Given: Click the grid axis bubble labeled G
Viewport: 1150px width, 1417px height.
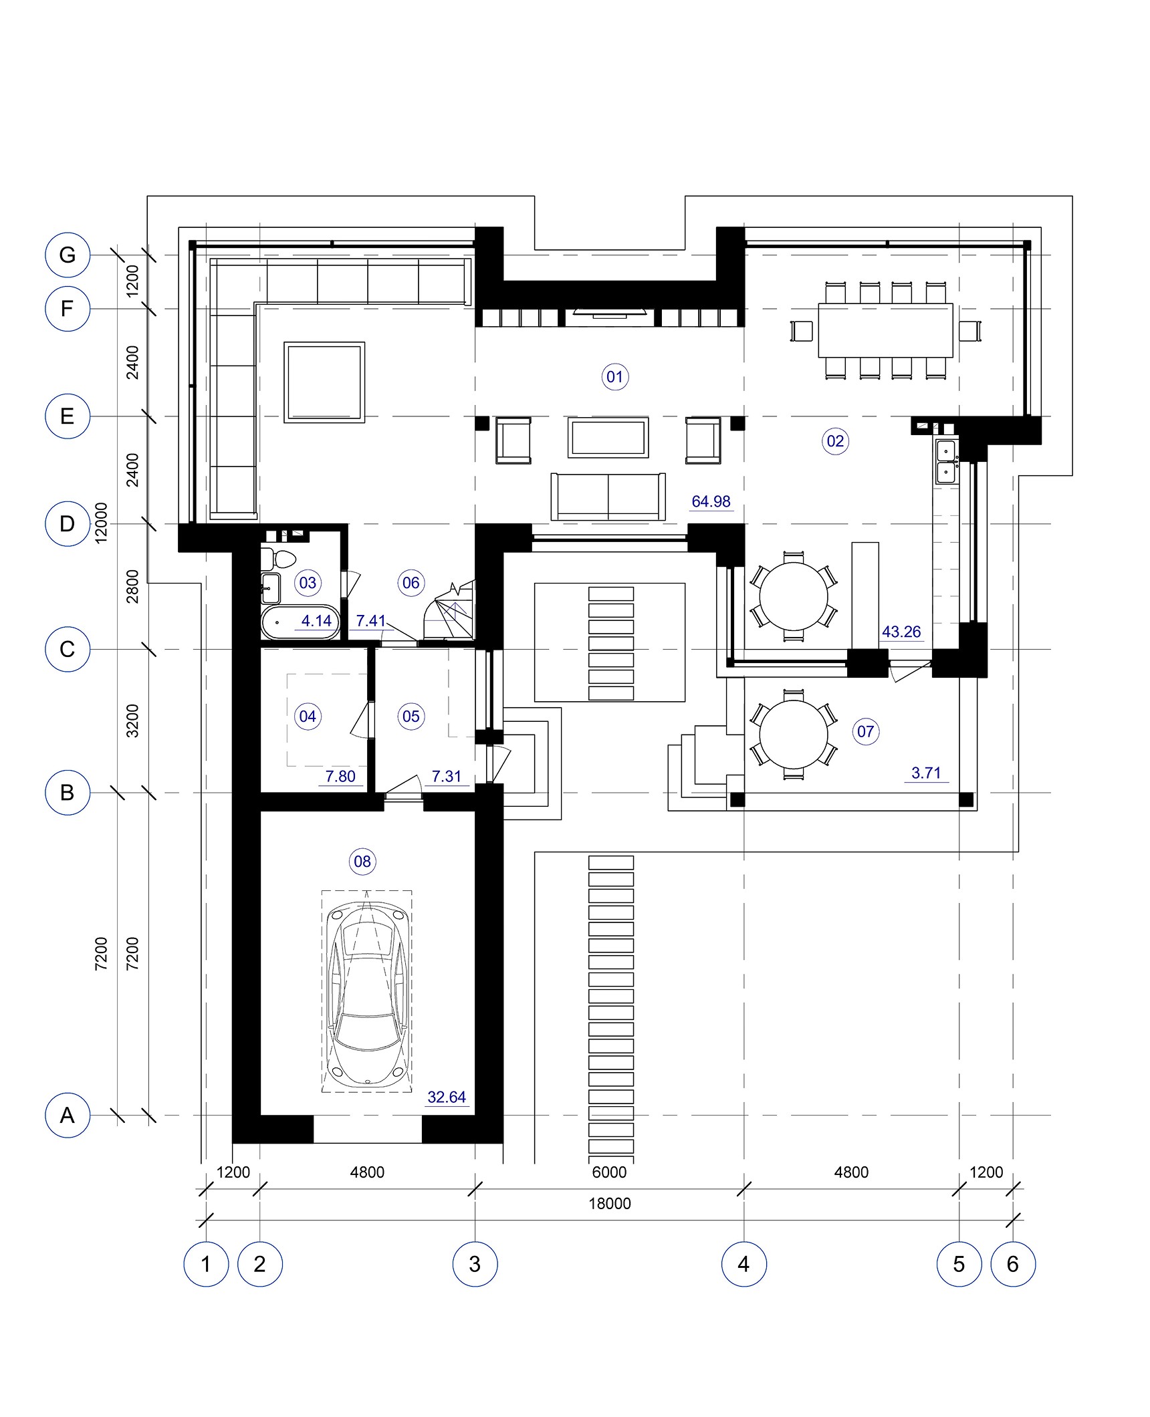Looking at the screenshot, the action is pos(68,255).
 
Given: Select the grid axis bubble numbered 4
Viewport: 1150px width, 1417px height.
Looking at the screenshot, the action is pos(743,1263).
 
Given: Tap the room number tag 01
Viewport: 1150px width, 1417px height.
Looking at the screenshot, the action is pos(614,377).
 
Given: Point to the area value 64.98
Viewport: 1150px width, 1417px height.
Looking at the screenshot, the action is pos(711,501).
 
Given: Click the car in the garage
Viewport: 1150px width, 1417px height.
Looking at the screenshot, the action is pos(366,992).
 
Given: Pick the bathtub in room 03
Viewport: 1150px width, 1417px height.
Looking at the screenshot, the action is pos(300,623).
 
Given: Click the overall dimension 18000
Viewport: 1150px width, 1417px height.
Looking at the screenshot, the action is pos(609,1203).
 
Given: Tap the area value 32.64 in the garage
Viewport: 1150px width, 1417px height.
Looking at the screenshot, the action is pos(447,1097).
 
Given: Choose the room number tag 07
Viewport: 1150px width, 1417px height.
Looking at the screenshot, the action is pos(865,731).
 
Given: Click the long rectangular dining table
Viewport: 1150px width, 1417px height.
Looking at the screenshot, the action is pos(885,331).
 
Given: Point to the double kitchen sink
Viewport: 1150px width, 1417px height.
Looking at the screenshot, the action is pos(946,461).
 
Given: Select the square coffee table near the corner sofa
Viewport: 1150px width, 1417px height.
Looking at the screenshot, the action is pos(324,382).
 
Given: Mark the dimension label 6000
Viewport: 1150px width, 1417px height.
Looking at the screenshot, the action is pos(609,1172).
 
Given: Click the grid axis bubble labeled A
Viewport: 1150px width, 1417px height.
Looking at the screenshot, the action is pos(68,1115).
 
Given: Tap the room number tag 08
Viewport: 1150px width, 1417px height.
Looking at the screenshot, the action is pos(362,862).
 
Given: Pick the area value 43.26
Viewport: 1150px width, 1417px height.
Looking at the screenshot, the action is pos(901,632).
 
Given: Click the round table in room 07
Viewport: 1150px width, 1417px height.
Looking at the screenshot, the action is pos(794,735).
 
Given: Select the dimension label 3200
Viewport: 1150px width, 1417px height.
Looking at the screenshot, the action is pos(133,721).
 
